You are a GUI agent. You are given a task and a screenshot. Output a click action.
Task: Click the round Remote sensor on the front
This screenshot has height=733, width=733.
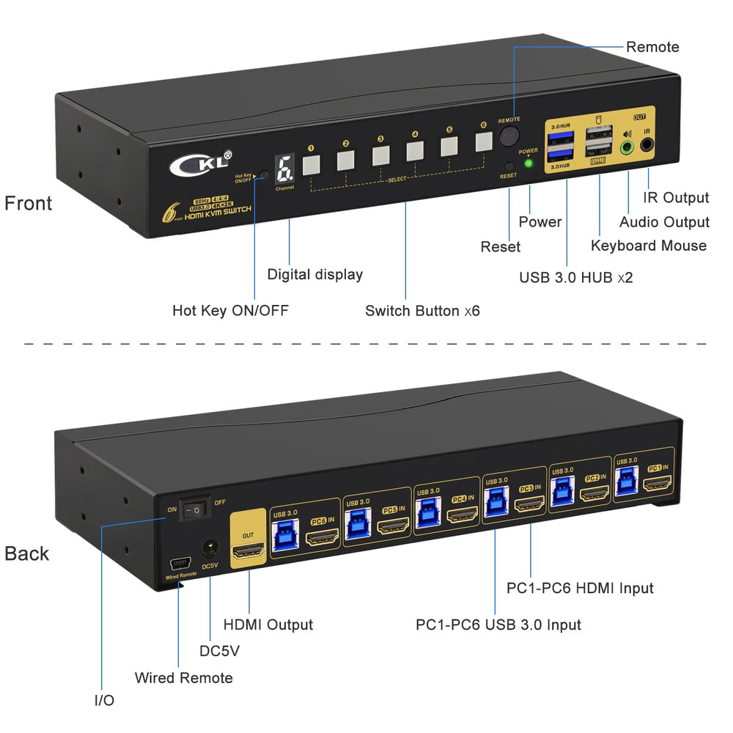(509, 136)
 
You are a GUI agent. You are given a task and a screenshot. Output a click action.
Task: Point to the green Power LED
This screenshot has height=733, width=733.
(528, 162)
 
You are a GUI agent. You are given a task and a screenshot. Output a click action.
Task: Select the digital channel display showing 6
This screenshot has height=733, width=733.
(284, 169)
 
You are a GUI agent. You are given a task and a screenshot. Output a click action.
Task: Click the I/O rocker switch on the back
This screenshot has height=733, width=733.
(195, 507)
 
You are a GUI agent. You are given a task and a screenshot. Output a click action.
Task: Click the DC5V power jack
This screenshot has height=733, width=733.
(211, 548)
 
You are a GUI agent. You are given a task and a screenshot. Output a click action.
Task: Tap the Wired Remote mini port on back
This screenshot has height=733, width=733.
(178, 564)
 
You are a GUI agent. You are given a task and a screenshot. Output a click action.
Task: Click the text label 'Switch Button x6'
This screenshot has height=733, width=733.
(422, 311)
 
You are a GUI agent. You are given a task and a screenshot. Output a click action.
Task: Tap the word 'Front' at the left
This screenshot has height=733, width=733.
(29, 203)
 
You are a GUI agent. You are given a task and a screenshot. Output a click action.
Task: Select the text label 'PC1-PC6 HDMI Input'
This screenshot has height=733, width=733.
(580, 588)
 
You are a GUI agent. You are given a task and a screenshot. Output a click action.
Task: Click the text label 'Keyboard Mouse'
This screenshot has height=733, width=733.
(649, 246)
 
